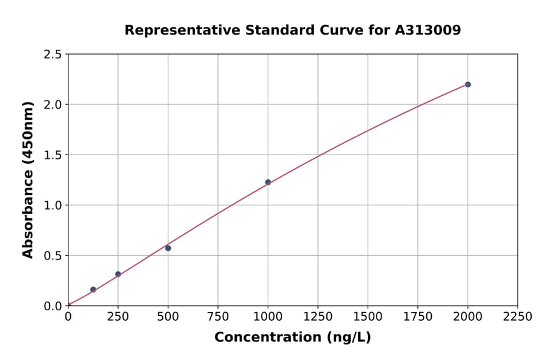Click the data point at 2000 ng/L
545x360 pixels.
pyautogui.click(x=467, y=84)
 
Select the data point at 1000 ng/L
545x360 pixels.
pyautogui.click(x=268, y=182)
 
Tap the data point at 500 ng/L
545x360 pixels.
pyautogui.click(x=168, y=248)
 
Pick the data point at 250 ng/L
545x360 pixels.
pyautogui.click(x=118, y=274)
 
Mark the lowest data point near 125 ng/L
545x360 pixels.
pyautogui.click(x=93, y=289)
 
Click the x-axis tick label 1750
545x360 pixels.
pyautogui.click(x=418, y=316)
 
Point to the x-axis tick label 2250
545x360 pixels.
pyautogui.click(x=518, y=316)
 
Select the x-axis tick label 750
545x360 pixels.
pyautogui.click(x=218, y=316)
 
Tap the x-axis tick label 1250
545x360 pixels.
pyautogui.click(x=318, y=316)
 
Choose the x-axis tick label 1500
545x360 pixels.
pyautogui.click(x=368, y=316)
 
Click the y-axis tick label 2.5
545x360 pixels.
pyautogui.click(x=53, y=55)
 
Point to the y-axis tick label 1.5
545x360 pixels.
pyautogui.click(x=53, y=155)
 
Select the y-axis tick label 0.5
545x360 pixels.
pyautogui.click(x=53, y=256)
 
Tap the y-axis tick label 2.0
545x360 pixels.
pyautogui.click(x=53, y=105)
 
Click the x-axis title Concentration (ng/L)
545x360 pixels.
pyautogui.click(x=292, y=337)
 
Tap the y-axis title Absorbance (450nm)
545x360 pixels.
pyautogui.click(x=28, y=179)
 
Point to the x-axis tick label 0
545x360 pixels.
pyautogui.click(x=68, y=316)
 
